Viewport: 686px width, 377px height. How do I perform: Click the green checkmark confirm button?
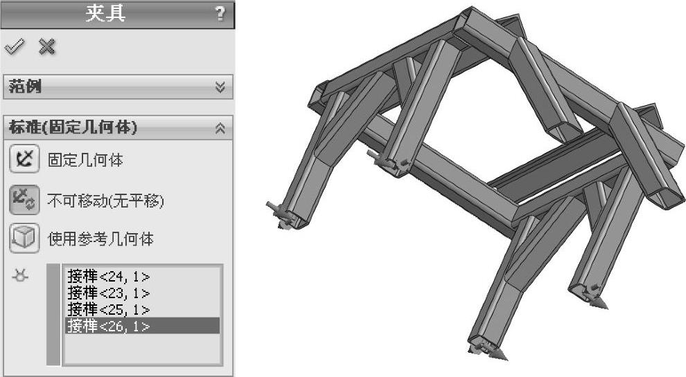click(x=15, y=46)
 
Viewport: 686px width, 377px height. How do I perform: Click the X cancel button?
click(x=47, y=46)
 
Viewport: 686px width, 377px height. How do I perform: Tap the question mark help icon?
click(x=220, y=14)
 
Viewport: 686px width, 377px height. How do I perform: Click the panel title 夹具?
click(x=105, y=13)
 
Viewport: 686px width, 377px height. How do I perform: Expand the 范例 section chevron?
click(x=220, y=87)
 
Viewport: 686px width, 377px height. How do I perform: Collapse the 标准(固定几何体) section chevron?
click(x=220, y=128)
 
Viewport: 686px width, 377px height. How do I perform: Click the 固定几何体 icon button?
click(x=24, y=159)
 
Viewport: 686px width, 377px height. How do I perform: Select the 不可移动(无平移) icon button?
click(x=24, y=200)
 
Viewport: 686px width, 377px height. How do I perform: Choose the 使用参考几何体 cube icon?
click(x=24, y=239)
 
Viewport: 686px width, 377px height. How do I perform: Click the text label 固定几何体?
click(x=85, y=160)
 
